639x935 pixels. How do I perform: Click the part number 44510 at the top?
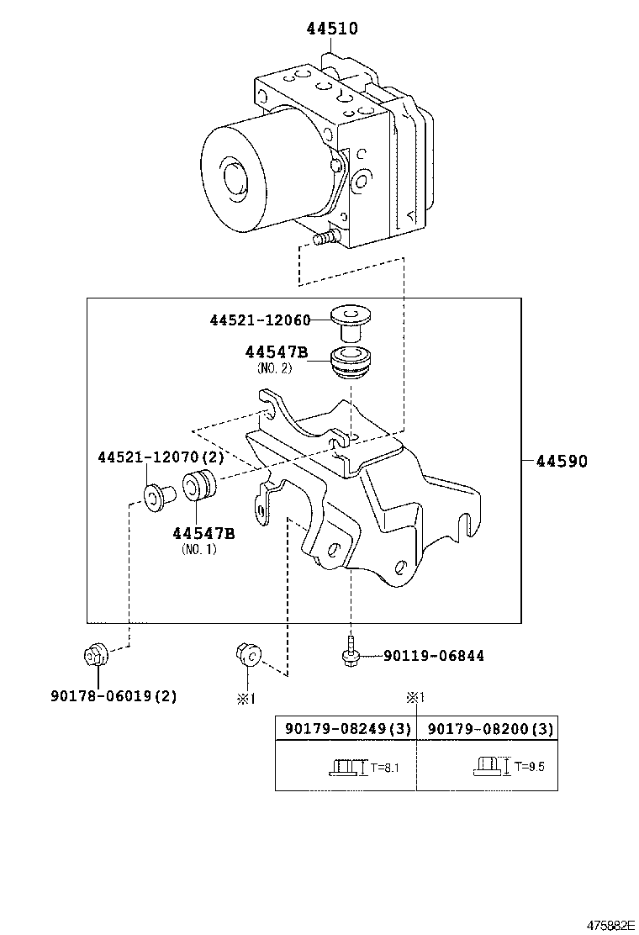331,29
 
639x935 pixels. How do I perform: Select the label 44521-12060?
260,320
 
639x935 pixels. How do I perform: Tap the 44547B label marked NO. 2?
277,352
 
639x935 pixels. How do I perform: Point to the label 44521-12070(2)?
161,457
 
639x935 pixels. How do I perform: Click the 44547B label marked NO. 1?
203,533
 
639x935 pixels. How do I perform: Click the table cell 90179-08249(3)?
347,729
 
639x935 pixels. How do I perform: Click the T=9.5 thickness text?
525,766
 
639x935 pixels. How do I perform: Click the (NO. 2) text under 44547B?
274,368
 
